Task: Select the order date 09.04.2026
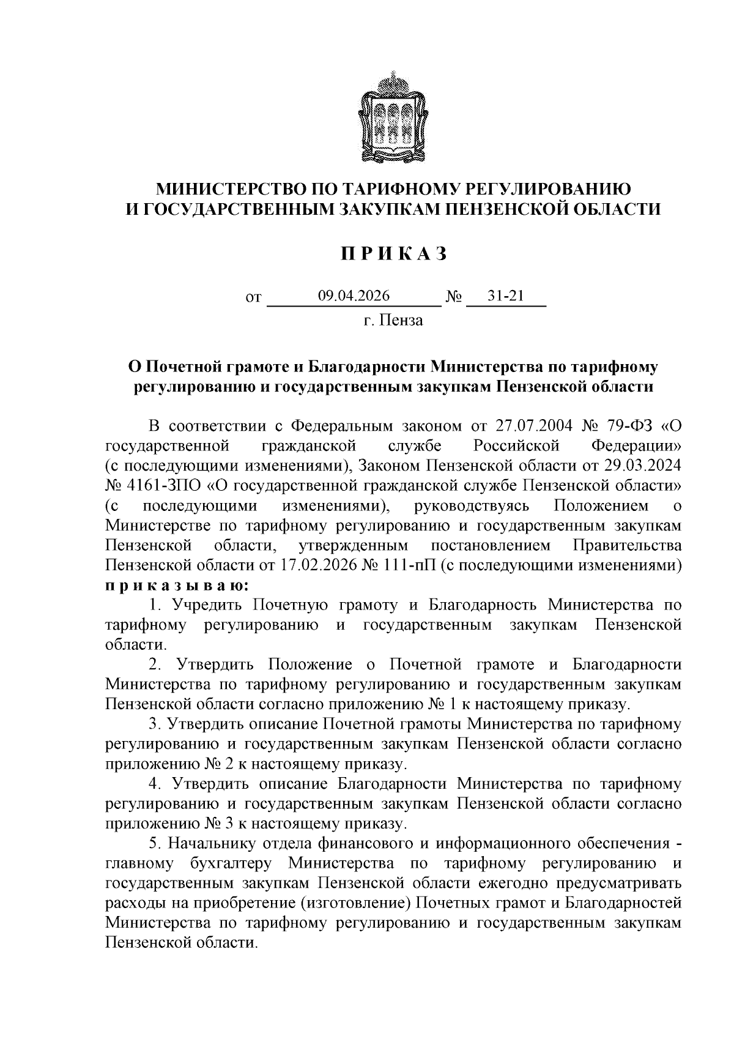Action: [354, 296]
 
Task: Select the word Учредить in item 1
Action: [207, 605]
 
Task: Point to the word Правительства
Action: [626, 545]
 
